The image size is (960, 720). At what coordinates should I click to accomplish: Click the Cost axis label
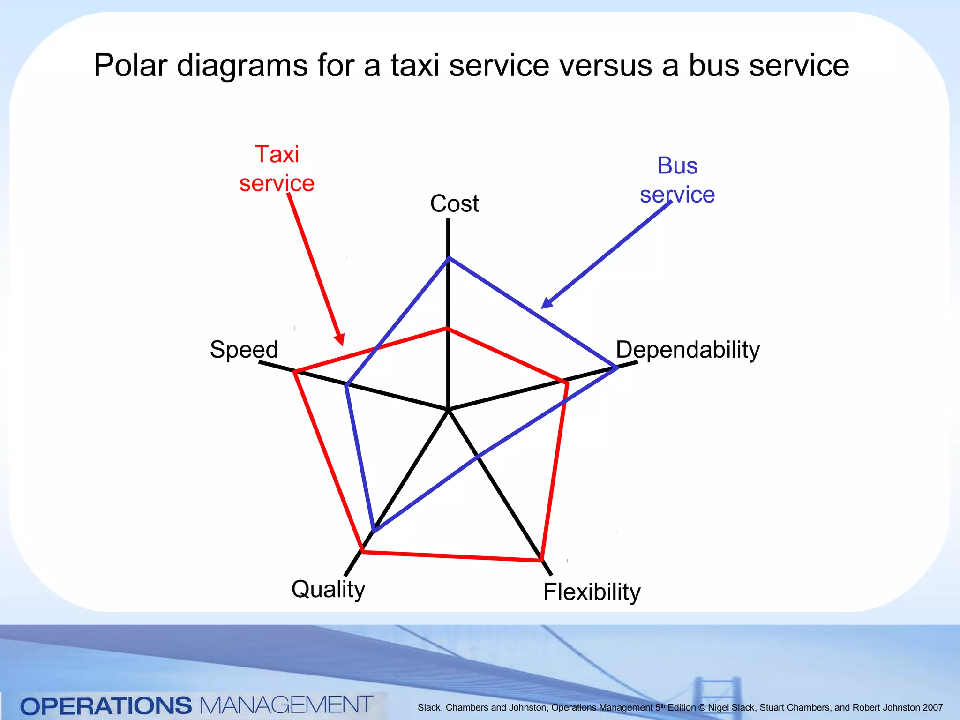click(454, 204)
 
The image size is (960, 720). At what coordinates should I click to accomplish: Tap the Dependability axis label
click(687, 350)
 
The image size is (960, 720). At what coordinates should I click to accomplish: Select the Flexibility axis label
click(592, 592)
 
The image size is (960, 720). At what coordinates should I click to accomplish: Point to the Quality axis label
click(328, 589)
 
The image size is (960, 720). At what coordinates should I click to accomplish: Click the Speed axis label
click(244, 350)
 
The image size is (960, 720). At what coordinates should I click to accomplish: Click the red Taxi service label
click(277, 169)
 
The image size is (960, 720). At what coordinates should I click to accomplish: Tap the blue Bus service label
click(677, 180)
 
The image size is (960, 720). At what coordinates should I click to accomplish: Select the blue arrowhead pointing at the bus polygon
click(547, 303)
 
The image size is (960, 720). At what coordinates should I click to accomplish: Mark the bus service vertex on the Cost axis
click(449, 257)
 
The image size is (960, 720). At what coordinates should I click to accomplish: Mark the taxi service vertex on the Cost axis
click(448, 328)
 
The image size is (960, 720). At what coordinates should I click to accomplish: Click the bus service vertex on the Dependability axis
click(617, 367)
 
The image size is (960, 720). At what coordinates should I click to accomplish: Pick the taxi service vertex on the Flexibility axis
click(541, 560)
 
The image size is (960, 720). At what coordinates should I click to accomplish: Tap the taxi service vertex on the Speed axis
click(294, 372)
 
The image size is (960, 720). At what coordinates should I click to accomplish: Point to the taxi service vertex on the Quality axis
click(362, 552)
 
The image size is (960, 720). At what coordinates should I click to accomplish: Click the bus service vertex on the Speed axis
click(346, 385)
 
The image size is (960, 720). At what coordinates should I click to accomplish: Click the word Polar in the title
click(130, 65)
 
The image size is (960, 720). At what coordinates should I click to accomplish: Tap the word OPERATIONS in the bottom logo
click(106, 706)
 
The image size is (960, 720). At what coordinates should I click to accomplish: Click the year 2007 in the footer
click(932, 707)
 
